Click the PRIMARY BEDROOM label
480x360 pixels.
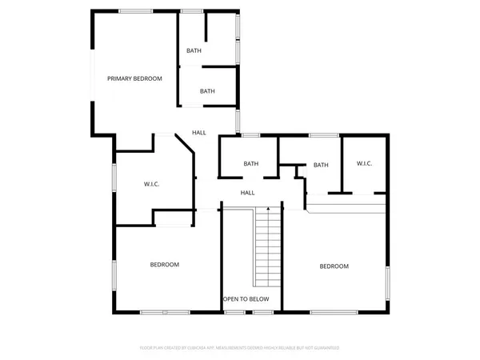(x=134, y=78)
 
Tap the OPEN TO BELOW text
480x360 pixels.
(x=246, y=299)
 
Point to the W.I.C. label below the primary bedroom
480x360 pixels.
(x=152, y=184)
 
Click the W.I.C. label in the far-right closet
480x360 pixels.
(x=364, y=164)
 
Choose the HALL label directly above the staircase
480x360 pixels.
(x=248, y=193)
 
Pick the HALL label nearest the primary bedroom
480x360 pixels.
(x=199, y=133)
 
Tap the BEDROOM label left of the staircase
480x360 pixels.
(x=165, y=265)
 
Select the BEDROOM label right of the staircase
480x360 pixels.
(x=334, y=266)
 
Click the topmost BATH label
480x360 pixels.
(x=194, y=50)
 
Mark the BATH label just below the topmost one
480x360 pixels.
(x=207, y=91)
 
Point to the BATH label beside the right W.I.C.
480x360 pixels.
(x=321, y=166)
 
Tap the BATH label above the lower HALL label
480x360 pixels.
(x=251, y=164)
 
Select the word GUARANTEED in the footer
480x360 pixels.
(x=323, y=348)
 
